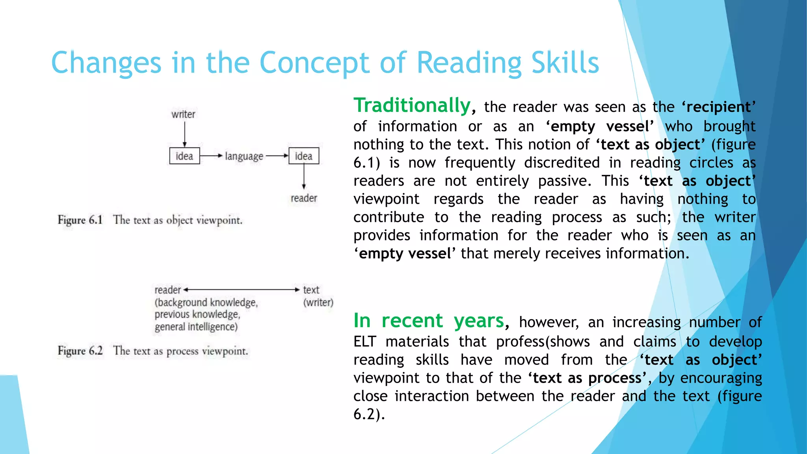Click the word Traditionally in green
[x=412, y=106]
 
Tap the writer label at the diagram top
[x=183, y=114]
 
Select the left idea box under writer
[x=184, y=156]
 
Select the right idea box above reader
[x=303, y=156]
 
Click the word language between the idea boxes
[x=244, y=156]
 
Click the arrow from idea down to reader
[x=303, y=177]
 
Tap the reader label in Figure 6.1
[x=303, y=198]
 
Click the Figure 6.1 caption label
[x=80, y=220]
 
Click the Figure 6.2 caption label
[x=80, y=351]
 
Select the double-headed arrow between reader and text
[x=242, y=290]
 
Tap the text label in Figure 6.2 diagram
[x=311, y=290]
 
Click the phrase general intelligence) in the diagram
[x=196, y=327]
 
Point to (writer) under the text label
[x=318, y=303]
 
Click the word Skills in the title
[x=565, y=63]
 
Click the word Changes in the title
[x=106, y=63]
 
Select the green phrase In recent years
[x=429, y=320]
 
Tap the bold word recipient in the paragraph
[x=718, y=107]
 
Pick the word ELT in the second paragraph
[x=364, y=342]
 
